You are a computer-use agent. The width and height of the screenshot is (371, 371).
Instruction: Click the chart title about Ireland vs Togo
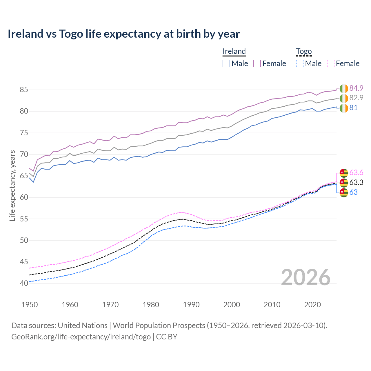123,34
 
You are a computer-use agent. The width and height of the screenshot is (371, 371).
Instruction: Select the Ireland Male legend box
226,63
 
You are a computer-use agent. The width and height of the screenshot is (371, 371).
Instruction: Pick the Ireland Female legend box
257,63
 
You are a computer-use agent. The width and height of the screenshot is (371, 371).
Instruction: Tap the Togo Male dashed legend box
300,63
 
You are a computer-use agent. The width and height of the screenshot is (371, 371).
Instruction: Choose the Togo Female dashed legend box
330,63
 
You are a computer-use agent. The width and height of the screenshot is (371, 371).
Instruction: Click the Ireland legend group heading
234,51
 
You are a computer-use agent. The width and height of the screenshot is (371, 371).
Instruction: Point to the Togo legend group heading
304,51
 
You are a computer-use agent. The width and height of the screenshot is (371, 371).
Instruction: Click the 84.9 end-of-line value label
356,88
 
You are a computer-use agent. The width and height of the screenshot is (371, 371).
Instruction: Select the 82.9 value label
356,98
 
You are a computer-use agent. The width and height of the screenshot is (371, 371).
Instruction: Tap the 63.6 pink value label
356,173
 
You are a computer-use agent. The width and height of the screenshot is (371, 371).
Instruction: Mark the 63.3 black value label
356,182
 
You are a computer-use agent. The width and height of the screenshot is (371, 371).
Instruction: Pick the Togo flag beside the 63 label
344,192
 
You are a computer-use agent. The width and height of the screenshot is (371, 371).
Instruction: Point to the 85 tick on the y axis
24,90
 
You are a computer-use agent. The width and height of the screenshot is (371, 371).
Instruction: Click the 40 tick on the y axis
24,283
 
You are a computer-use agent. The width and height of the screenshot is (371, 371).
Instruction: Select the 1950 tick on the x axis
30,305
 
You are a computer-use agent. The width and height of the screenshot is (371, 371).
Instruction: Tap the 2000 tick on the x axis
232,305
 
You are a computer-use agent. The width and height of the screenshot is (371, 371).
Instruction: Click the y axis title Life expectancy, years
12,185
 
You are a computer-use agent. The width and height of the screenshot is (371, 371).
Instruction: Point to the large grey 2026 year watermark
305,277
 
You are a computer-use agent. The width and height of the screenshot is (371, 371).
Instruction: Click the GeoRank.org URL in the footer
81,337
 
